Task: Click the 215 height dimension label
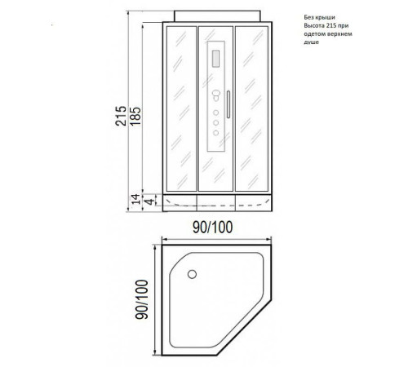(121, 116)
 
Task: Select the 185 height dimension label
(135, 116)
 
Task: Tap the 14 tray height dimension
(135, 199)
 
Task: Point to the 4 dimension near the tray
(149, 201)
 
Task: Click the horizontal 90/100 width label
(213, 228)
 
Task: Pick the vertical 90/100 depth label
(142, 299)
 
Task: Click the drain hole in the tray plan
(192, 274)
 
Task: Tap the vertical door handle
(228, 104)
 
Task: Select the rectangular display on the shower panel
(215, 59)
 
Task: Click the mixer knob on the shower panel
(216, 95)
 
